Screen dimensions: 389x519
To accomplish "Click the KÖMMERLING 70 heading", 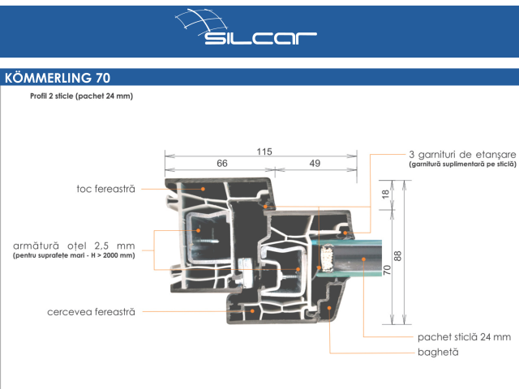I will click(x=57, y=78).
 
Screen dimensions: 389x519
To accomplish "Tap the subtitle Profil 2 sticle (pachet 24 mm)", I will click(x=81, y=96).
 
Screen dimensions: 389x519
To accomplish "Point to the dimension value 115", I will click(x=264, y=152).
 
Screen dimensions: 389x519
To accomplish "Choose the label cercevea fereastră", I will click(x=91, y=311).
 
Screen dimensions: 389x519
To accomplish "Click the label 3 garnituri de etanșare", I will click(x=462, y=154).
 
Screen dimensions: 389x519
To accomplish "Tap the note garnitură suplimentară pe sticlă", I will click(x=463, y=164).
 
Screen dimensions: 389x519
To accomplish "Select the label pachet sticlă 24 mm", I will click(x=464, y=336).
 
